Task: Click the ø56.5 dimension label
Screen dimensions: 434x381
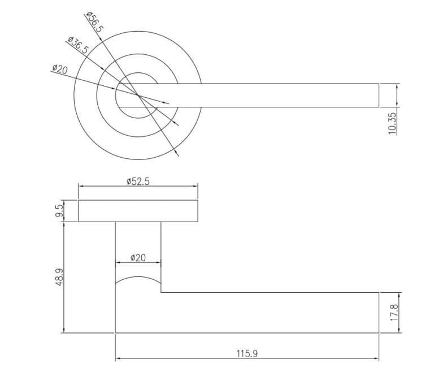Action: (x=95, y=22)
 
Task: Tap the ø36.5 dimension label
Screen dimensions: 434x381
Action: (x=78, y=45)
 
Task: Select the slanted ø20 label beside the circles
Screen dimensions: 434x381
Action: (x=60, y=69)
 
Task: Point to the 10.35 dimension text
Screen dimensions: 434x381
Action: (x=393, y=123)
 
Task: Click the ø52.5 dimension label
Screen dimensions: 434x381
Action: (x=138, y=181)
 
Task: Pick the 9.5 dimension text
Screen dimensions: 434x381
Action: (x=59, y=211)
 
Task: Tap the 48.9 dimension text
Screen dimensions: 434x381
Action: (x=59, y=277)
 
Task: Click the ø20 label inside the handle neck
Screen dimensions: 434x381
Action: (x=138, y=258)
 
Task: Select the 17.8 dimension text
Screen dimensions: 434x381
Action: (x=394, y=313)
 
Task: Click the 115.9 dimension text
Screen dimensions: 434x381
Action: (x=247, y=354)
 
